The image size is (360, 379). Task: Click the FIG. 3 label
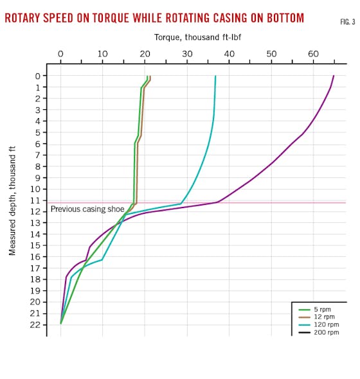(347, 22)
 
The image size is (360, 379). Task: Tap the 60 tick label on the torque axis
(313, 54)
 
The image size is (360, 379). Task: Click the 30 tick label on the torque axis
(187, 54)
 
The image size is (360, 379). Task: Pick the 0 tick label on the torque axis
(60, 54)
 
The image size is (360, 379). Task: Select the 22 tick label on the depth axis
(36, 324)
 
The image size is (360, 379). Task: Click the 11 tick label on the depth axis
(36, 200)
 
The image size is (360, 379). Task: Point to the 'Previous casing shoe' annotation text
(87, 209)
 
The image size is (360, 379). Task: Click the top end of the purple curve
(334, 76)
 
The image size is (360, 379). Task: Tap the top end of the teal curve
(215, 76)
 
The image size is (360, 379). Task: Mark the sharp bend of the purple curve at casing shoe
(219, 202)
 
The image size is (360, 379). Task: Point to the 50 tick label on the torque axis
(271, 54)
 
